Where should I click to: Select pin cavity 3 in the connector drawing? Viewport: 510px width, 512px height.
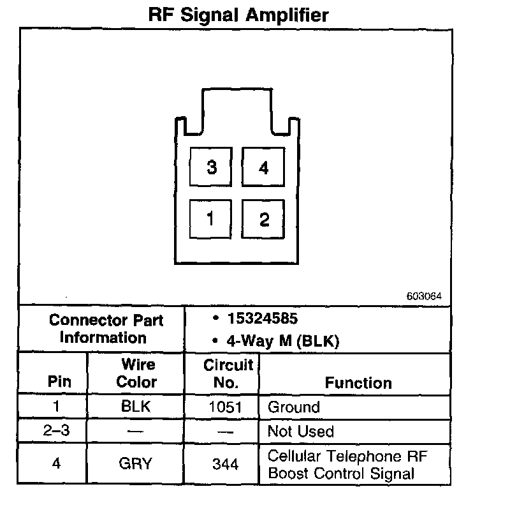pos(212,167)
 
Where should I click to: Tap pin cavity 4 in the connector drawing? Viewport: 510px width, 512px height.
pos(263,168)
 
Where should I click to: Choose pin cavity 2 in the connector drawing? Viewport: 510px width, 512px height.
pos(263,220)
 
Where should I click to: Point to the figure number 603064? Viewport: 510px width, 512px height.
pos(423,297)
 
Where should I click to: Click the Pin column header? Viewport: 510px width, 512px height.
pos(59,382)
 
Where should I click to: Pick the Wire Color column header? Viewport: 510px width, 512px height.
pos(137,373)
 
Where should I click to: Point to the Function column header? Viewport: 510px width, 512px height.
pos(358,383)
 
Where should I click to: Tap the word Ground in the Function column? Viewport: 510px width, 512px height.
pos(294,407)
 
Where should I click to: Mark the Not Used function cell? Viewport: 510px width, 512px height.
pos(300,431)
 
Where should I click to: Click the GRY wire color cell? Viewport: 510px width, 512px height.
pos(135,463)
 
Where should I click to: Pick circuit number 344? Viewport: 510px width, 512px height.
pos(226,464)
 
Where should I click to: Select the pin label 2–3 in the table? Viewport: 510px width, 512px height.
pos(56,431)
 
